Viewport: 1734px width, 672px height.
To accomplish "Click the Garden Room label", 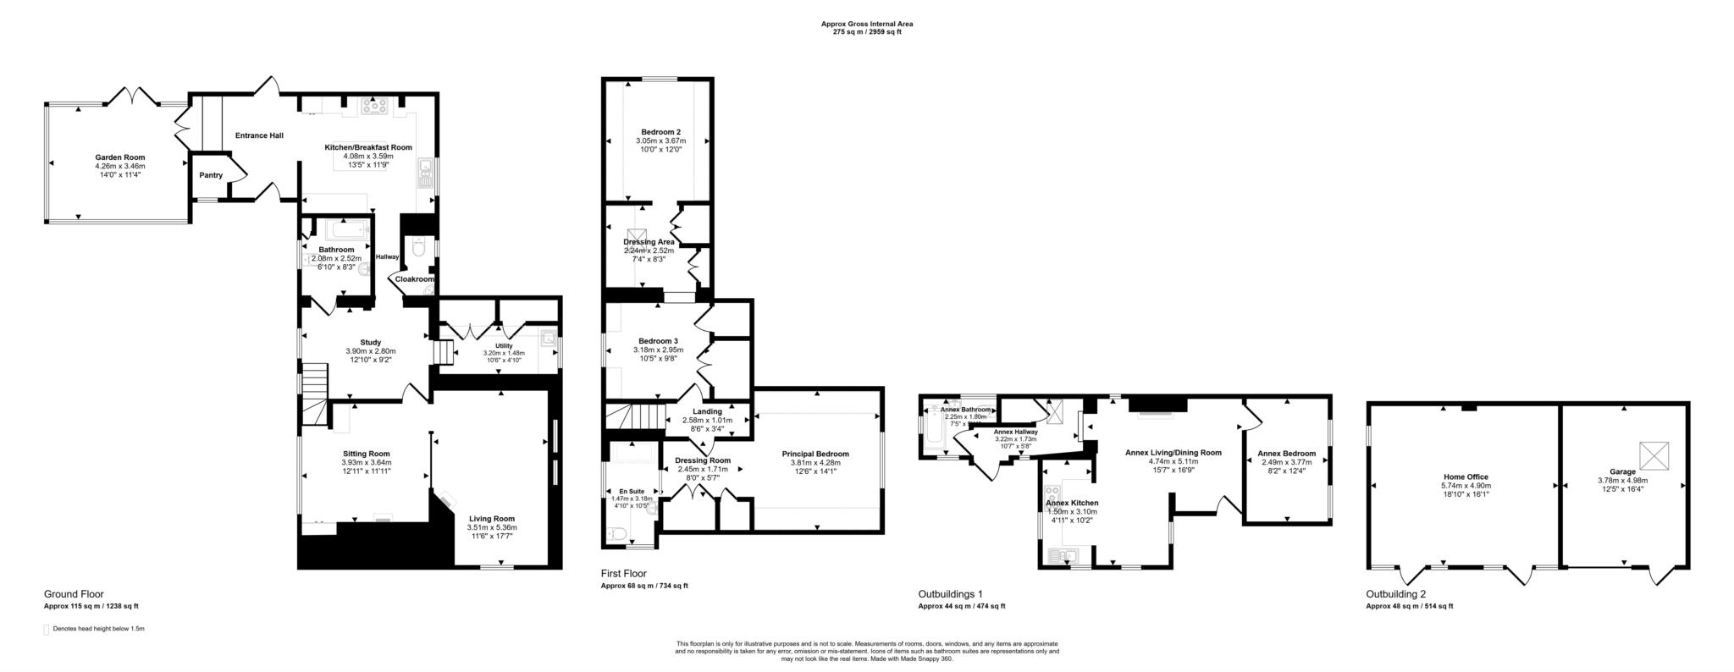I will (119, 157).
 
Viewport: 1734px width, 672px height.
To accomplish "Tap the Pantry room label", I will (211, 175).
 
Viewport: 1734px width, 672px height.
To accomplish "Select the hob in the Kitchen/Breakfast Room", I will (374, 106).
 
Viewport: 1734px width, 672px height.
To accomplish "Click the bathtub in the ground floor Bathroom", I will (348, 229).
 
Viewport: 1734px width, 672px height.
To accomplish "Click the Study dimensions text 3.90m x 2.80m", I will (370, 351).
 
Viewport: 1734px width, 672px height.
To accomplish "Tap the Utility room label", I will (504, 345).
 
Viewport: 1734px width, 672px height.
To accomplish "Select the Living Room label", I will (491, 519).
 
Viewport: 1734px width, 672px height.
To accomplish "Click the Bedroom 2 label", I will (660, 132).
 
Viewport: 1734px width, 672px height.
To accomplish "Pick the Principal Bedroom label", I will (815, 454).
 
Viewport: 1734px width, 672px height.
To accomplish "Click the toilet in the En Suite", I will (617, 534).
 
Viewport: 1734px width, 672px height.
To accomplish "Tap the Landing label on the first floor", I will (707, 411).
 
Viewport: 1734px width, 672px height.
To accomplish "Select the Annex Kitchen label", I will (1072, 503).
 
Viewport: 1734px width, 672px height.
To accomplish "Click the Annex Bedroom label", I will (1286, 454).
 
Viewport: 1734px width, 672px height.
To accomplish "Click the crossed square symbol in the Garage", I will (1652, 455).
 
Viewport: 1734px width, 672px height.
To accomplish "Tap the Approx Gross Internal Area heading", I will (866, 24).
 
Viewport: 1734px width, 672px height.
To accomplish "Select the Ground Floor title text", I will (74, 594).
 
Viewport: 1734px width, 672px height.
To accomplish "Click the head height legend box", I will (47, 630).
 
